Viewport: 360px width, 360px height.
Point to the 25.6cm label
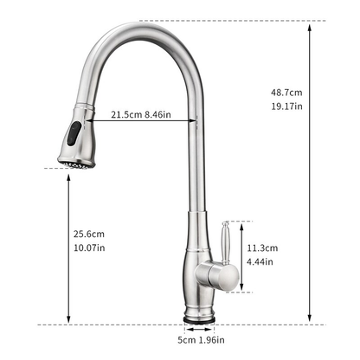(x=88, y=234)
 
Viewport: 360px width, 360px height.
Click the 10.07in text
(x=88, y=247)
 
